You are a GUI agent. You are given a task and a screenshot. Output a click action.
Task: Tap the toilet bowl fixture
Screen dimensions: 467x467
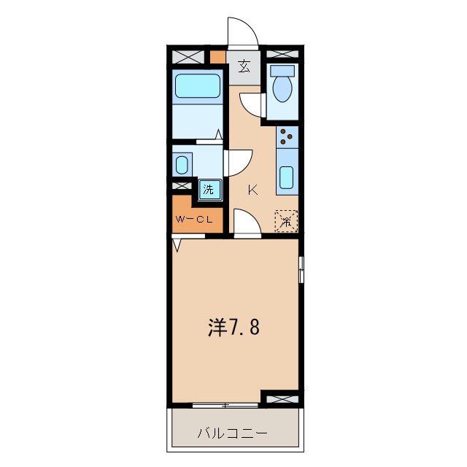coord(282,87)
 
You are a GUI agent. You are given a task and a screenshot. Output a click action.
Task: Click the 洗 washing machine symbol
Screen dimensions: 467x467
coord(209,190)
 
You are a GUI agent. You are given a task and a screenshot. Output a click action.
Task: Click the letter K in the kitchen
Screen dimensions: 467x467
coord(252,190)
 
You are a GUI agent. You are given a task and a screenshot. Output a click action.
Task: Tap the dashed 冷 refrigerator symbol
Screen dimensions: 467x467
coord(286,220)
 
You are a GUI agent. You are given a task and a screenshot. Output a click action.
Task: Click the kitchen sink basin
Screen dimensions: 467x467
coord(287,177)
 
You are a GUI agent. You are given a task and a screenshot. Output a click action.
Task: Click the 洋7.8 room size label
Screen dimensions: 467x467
coord(233,328)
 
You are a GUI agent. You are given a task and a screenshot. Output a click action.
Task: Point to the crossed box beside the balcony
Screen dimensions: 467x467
coord(281,398)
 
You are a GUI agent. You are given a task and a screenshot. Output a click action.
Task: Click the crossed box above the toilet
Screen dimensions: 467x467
coord(281,55)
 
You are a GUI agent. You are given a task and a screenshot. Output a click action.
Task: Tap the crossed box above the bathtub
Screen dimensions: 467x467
coord(188,55)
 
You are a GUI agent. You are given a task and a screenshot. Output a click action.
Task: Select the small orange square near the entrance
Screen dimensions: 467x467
coord(217,56)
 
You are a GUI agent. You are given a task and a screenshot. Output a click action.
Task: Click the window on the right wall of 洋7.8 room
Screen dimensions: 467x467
coord(301,270)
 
